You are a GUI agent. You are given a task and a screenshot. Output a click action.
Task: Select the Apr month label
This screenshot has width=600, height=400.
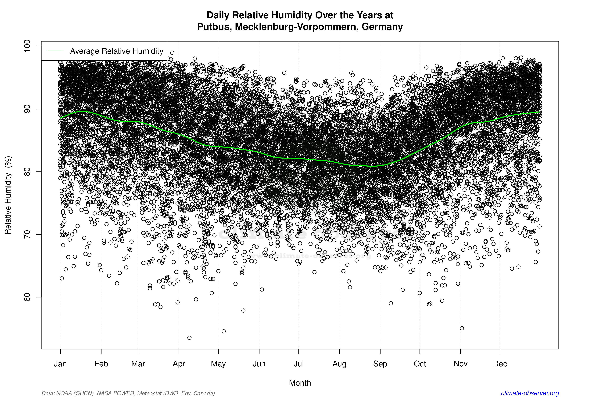179,364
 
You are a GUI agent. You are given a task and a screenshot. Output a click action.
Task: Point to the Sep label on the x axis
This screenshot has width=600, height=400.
380,364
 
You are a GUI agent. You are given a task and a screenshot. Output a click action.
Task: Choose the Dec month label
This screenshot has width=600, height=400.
500,364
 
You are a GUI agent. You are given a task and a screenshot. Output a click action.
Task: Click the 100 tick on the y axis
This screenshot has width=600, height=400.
27,46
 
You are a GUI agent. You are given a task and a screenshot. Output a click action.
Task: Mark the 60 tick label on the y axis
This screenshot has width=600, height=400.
27,297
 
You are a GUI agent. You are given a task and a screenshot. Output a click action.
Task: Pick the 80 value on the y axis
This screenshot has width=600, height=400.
27,172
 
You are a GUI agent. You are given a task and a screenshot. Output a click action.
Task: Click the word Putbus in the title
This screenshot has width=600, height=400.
214,27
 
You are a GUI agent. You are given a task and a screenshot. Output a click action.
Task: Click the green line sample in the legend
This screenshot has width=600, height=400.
56,51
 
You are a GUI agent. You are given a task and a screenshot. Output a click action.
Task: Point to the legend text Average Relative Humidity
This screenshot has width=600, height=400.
117,51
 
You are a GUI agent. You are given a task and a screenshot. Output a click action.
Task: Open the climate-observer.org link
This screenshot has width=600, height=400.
530,393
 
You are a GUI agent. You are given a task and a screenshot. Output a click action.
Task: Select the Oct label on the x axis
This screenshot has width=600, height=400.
420,364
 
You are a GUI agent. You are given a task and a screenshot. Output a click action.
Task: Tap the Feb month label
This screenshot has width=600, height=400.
101,364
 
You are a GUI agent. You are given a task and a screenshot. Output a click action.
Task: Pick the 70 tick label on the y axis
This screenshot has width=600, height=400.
27,234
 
